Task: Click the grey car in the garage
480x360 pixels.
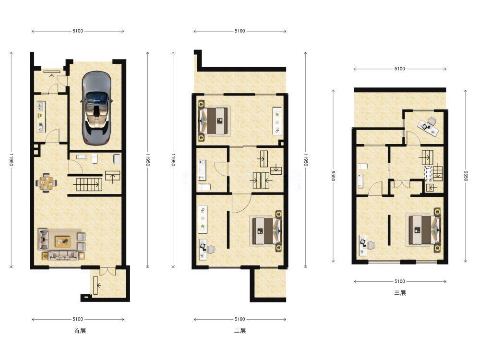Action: (96, 108)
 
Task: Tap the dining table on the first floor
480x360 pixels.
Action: (46, 183)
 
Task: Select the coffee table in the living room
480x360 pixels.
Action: (62, 242)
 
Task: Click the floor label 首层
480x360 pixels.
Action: (80, 331)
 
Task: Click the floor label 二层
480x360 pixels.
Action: (240, 331)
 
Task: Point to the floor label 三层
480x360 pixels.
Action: (400, 293)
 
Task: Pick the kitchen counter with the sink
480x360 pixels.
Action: (41, 117)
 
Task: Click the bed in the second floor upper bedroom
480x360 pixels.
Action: (214, 120)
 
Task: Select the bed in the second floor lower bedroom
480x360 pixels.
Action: (266, 230)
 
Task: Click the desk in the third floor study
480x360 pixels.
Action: (429, 126)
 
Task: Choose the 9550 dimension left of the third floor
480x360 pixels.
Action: (333, 176)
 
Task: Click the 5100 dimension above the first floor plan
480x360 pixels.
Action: (78, 31)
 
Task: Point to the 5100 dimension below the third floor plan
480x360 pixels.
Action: (400, 281)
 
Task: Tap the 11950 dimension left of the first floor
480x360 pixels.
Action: (12, 160)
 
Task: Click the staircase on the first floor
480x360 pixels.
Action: (89, 185)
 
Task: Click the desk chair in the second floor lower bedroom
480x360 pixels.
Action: (211, 249)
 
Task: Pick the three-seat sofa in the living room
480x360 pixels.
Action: (63, 256)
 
